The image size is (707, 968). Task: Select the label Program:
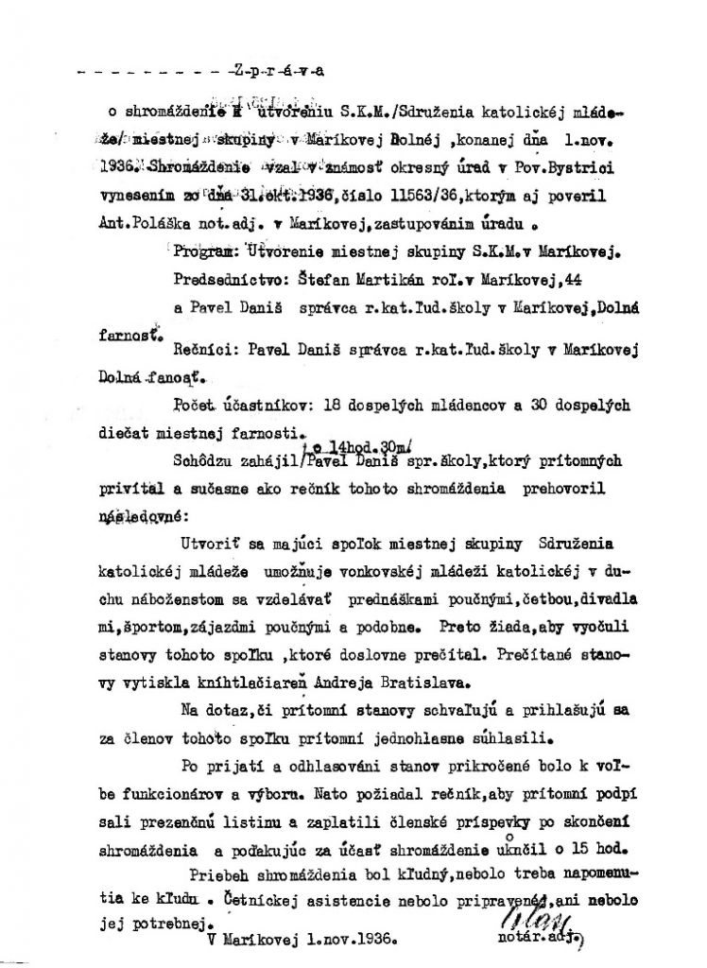click(x=210, y=251)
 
